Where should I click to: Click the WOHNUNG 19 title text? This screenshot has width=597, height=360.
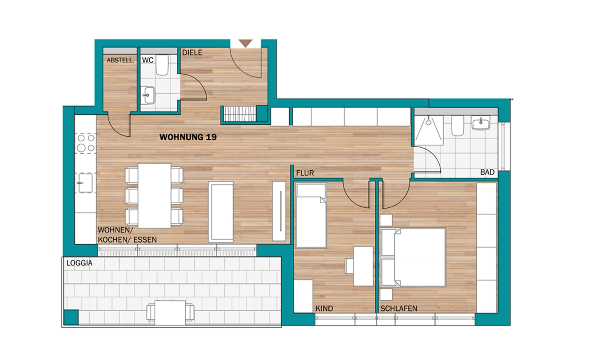tap(188, 137)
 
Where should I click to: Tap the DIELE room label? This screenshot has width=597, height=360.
tap(192, 53)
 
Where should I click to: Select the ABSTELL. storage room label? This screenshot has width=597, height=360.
tap(120, 60)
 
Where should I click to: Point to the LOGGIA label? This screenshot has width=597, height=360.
tap(80, 263)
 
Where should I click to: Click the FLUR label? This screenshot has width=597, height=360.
tap(305, 173)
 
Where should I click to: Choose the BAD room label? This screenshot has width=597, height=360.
tap(487, 172)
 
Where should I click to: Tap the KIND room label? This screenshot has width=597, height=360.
tap(324, 308)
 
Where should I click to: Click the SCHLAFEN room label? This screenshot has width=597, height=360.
tap(399, 308)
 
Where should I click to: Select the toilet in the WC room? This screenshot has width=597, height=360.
tap(162, 65)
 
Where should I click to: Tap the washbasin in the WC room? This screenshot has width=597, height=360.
tap(148, 95)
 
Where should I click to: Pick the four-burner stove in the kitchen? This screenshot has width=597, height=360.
tap(86, 143)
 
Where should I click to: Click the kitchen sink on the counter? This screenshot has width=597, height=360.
tap(85, 183)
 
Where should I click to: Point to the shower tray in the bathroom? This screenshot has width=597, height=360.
tap(429, 130)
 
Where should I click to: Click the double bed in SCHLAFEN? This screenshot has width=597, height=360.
tap(414, 257)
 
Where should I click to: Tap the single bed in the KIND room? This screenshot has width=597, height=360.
tap(311, 215)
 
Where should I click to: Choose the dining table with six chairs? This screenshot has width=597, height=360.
tap(154, 196)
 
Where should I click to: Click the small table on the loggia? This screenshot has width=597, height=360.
tap(170, 312)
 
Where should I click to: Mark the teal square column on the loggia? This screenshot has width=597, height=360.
tap(71, 317)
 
